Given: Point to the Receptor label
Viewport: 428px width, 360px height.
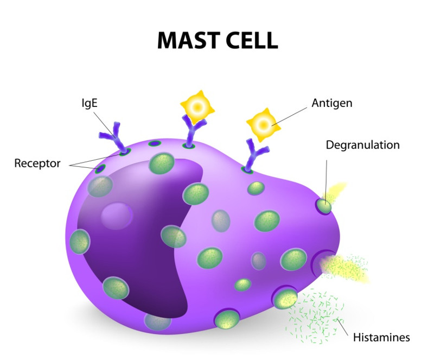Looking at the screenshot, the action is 37,163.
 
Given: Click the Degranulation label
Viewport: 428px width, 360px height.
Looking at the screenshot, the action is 362,145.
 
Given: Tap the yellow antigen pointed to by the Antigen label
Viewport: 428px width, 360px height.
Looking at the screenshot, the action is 262,124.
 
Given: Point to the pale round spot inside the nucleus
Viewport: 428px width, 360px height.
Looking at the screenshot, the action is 116,216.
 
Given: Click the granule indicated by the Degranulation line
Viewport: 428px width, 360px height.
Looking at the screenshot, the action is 324,206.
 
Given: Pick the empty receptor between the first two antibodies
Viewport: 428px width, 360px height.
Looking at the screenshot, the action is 155,144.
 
